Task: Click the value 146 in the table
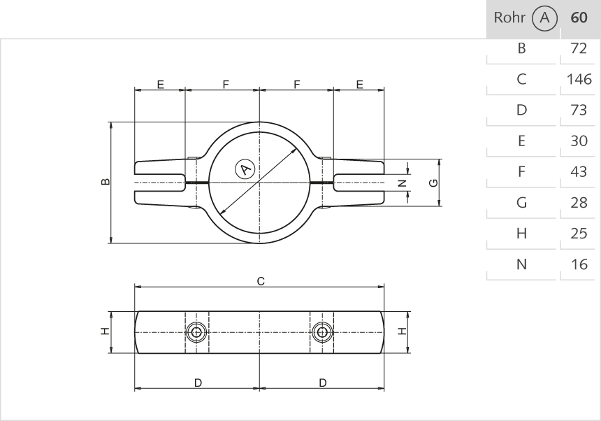(579, 79)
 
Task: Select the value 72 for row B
(579, 48)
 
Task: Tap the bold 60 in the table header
(579, 17)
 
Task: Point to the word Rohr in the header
(508, 17)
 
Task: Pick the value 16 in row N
(579, 264)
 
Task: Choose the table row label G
(521, 203)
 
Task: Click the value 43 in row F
(579, 172)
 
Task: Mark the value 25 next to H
(579, 234)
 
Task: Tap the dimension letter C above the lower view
(261, 281)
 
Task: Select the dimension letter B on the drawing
(105, 183)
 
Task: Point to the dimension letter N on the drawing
(401, 183)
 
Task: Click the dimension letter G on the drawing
(433, 183)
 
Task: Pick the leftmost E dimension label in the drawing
(160, 85)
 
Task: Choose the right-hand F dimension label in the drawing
(297, 85)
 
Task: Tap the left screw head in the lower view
(197, 331)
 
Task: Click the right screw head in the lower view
(321, 331)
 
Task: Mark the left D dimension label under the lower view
(198, 383)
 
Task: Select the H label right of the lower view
(403, 331)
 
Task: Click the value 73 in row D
(579, 110)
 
